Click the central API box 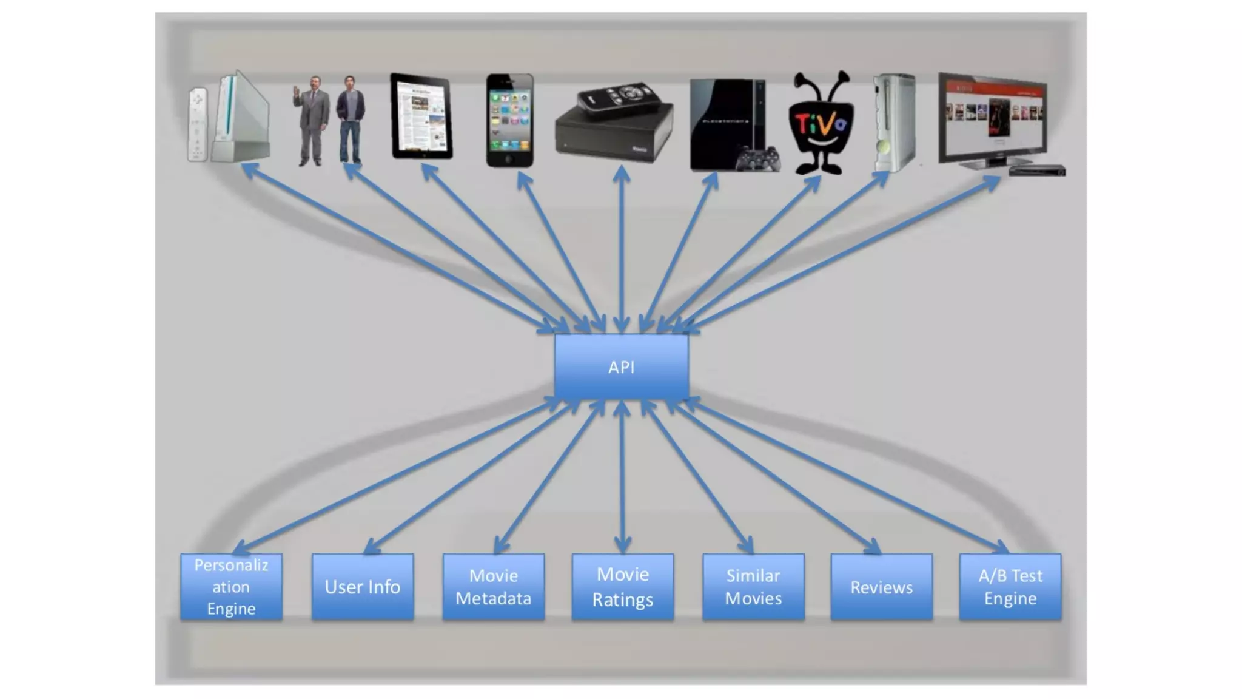[621, 366]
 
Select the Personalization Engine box [231, 586]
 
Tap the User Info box [362, 586]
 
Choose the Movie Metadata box [493, 586]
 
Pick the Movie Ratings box [622, 586]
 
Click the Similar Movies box [753, 586]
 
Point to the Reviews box [881, 586]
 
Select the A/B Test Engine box [1010, 586]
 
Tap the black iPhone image [509, 120]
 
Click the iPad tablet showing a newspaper [421, 116]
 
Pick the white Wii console [241, 118]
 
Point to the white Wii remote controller [197, 124]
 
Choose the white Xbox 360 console [894, 121]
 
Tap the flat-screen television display [992, 118]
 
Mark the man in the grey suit [312, 120]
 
